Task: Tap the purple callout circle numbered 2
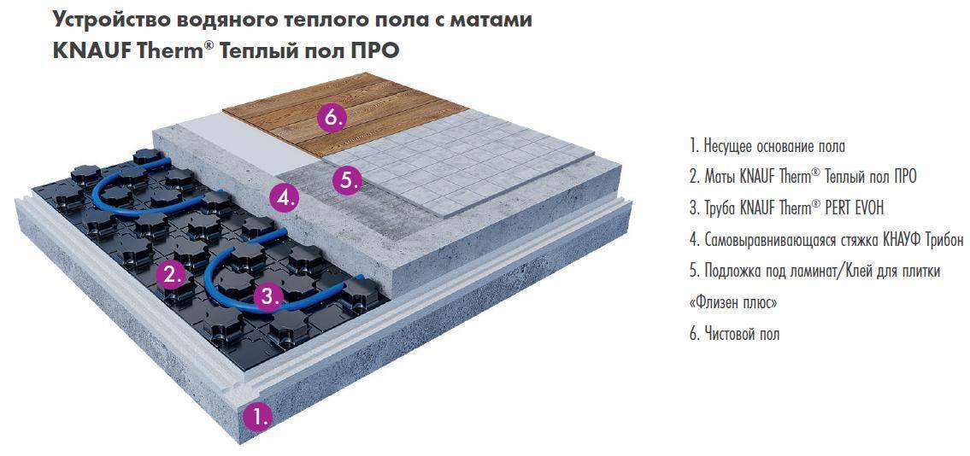(171, 275)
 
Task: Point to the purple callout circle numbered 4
(284, 198)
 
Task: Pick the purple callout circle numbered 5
(346, 180)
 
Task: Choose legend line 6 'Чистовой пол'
(734, 334)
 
